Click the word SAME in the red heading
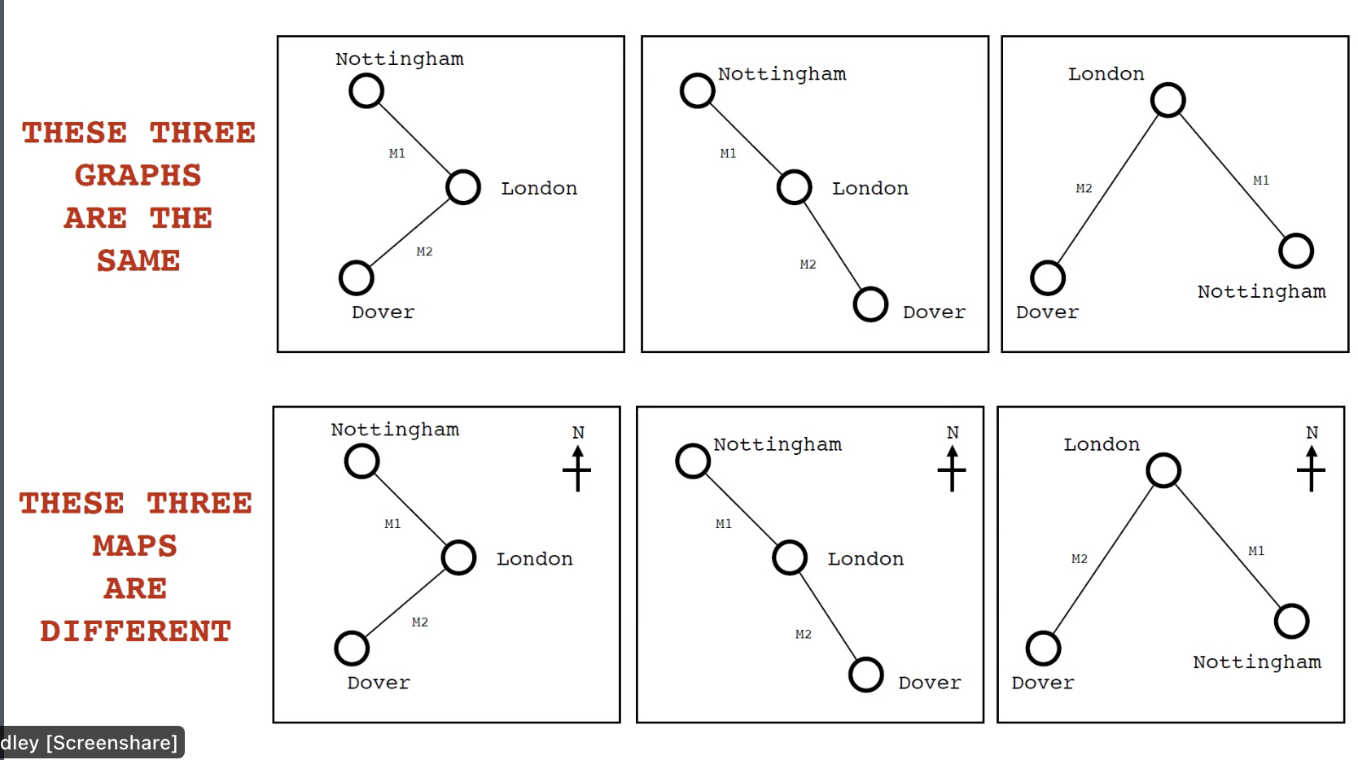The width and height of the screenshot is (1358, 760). tap(138, 261)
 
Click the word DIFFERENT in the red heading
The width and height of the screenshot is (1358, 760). tap(136, 631)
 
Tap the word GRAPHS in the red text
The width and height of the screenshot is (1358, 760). tap(138, 176)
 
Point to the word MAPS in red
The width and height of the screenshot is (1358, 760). tap(134, 546)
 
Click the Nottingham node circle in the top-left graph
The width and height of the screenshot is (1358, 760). tap(366, 90)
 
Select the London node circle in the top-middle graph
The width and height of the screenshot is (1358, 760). tap(794, 187)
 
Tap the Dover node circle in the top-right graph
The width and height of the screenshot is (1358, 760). tap(1048, 278)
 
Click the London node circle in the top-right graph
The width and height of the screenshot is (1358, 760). tap(1168, 100)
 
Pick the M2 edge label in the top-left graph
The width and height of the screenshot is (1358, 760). tap(424, 251)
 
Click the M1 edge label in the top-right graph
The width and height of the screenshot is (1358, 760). tap(1261, 181)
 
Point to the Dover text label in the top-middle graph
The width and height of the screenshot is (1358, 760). tap(934, 312)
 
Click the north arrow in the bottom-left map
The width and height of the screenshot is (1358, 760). tap(577, 470)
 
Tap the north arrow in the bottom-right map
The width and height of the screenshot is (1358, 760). tap(1311, 470)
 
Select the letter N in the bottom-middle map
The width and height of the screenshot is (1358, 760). tap(953, 433)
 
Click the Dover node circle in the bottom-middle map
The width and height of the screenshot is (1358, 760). tap(866, 675)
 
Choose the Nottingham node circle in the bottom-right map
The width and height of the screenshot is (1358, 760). tap(1292, 622)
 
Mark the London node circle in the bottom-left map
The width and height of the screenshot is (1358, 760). tap(458, 558)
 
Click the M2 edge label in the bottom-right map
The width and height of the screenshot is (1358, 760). tap(1080, 559)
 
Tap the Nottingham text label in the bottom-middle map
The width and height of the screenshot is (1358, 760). tap(778, 445)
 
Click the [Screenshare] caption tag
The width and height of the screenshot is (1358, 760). tap(112, 743)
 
